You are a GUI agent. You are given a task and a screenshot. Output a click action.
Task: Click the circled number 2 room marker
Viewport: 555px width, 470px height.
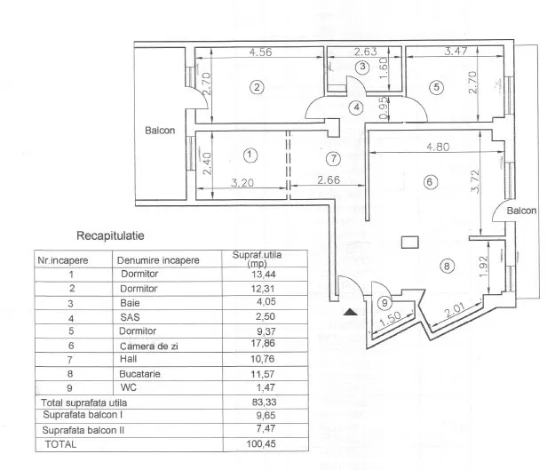(257, 87)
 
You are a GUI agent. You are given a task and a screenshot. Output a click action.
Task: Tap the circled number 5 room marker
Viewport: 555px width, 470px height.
(436, 87)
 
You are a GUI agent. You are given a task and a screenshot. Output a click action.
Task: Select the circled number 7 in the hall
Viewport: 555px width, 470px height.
(333, 159)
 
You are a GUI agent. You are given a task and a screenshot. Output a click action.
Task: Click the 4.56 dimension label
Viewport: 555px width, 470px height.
(261, 52)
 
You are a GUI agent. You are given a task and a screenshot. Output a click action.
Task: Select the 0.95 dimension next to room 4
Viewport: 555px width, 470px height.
(383, 107)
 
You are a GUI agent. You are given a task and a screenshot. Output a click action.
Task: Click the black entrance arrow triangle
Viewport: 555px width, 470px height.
(351, 312)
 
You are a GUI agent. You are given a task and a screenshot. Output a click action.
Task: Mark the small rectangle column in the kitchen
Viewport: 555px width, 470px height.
(409, 240)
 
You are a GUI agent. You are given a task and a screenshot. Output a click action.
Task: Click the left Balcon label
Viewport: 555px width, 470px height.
(160, 131)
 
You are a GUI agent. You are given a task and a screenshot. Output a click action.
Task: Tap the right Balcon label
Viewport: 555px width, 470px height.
(521, 211)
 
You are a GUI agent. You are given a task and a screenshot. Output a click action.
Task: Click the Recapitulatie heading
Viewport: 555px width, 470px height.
(111, 236)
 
